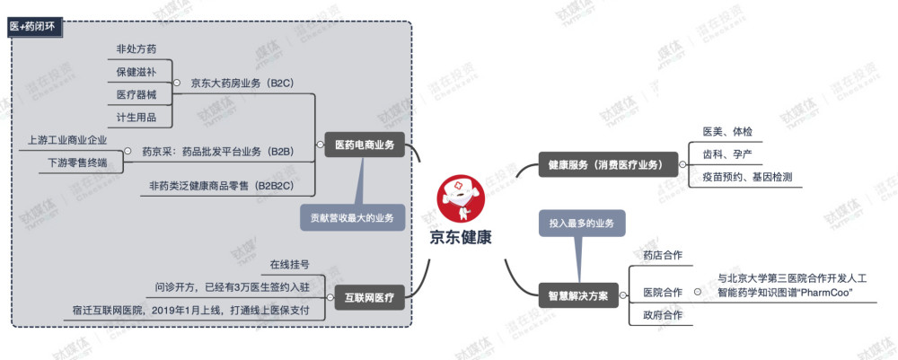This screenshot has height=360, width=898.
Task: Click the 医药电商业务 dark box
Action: pyautogui.click(x=365, y=145)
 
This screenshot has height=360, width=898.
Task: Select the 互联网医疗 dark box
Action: pyautogui.click(x=369, y=298)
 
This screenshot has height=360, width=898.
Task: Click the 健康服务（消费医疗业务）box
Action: pyautogui.click(x=608, y=165)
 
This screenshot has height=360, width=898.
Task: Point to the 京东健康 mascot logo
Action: pyautogui.click(x=461, y=198)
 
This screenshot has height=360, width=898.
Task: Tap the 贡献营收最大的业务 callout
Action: pyautogui.click(x=352, y=218)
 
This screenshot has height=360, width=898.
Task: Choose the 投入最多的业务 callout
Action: pyautogui.click(x=581, y=224)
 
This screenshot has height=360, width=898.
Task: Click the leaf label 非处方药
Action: pyautogui.click(x=136, y=49)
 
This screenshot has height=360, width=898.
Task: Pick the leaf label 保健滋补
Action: pyautogui.click(x=136, y=72)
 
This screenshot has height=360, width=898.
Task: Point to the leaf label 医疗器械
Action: pyautogui.click(x=136, y=95)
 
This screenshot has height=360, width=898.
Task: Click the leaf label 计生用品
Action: pyautogui.click(x=136, y=118)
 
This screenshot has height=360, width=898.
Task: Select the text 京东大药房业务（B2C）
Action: pyautogui.click(x=242, y=83)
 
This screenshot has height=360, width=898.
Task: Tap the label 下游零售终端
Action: pyautogui.click(x=76, y=162)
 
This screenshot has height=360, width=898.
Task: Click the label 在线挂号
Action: pyautogui.click(x=290, y=265)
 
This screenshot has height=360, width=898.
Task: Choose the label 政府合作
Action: pyautogui.click(x=663, y=315)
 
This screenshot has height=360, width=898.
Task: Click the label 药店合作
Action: pyautogui.click(x=663, y=255)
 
